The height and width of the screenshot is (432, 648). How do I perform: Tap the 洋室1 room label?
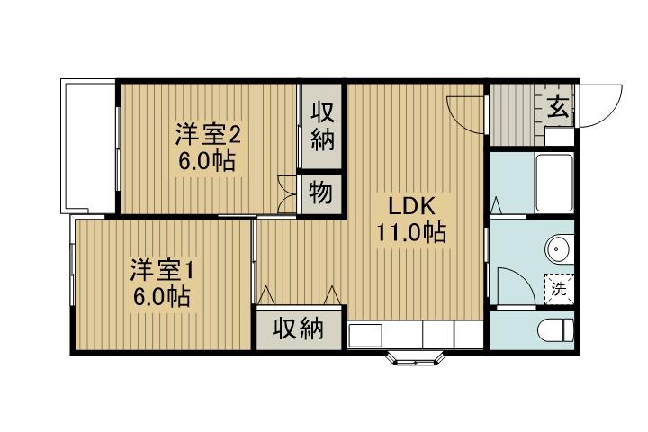pos(163,268)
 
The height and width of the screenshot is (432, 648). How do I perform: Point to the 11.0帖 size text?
pos(410,233)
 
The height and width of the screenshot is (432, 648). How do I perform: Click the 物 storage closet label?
pos(320,192)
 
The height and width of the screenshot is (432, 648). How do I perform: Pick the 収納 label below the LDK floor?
pos(299,329)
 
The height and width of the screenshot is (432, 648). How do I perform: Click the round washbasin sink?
pos(557,246)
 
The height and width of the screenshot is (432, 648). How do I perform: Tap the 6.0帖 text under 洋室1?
pos(163,297)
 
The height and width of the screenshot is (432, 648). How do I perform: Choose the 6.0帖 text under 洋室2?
pos(208,163)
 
